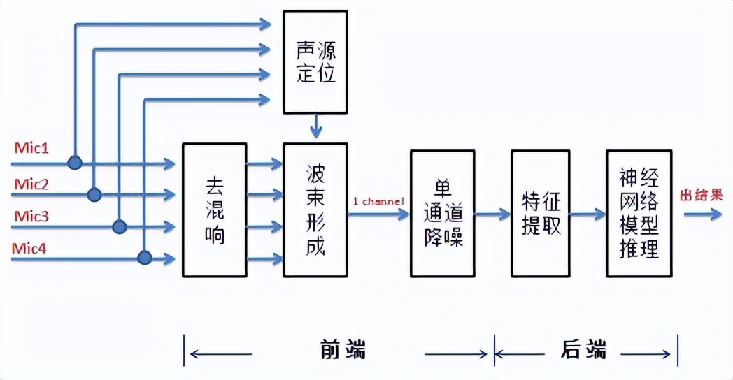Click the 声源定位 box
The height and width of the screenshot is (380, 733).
[x=315, y=61]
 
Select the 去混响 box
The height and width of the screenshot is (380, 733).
[x=214, y=210]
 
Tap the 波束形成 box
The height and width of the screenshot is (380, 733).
[x=315, y=210]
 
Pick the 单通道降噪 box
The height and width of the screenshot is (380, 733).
[x=443, y=212]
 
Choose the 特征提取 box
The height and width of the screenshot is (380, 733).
[x=541, y=212]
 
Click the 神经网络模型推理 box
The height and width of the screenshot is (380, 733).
[x=639, y=212]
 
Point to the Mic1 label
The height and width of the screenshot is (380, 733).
[x=31, y=149]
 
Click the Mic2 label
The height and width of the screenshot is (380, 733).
[x=31, y=184]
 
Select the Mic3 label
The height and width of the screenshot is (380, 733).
[x=31, y=217]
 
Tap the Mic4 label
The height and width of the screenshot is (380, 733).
[x=31, y=249]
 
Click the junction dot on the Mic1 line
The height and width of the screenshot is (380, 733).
[x=75, y=163]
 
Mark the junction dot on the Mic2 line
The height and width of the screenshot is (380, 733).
[x=94, y=193]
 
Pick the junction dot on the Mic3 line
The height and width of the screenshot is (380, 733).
[x=120, y=226]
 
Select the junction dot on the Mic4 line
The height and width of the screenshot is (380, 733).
[x=144, y=258]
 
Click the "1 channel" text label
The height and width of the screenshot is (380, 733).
[x=378, y=202]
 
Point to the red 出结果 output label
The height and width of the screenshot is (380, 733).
[x=701, y=195]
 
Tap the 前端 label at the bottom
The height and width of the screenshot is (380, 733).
[x=343, y=349]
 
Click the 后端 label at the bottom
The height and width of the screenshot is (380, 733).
[x=583, y=349]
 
